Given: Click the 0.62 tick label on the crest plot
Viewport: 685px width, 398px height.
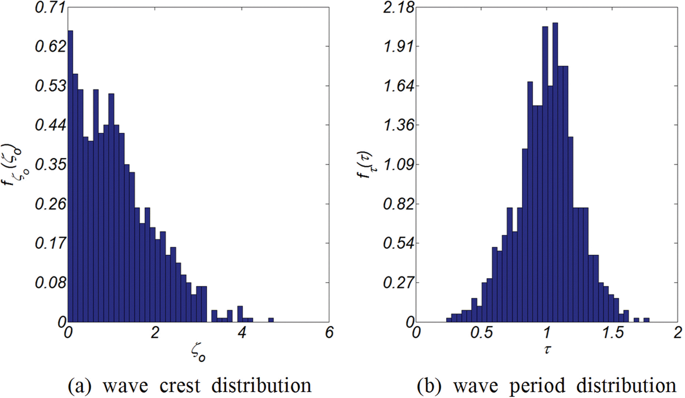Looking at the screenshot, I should click(50, 46).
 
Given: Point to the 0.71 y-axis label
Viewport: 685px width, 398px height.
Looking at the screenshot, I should click(50, 7).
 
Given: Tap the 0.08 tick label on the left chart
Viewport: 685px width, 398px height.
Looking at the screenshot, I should click(50, 283).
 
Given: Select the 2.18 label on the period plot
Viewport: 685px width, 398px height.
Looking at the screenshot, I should click(398, 7).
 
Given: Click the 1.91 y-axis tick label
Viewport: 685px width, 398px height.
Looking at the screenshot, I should click(398, 46).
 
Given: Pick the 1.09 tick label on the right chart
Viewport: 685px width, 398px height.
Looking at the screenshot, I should click(398, 165).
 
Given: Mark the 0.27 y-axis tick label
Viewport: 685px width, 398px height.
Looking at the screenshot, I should click(398, 283).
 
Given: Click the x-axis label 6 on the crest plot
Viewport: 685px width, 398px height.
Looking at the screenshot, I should click(329, 333).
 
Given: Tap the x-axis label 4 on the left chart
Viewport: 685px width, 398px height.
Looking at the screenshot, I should click(242, 333).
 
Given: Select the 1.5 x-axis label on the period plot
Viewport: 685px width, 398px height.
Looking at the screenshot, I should click(613, 333).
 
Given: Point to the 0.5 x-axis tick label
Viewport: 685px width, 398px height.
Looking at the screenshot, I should click(482, 333).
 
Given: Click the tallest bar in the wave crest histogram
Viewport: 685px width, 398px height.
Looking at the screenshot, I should click(70, 175).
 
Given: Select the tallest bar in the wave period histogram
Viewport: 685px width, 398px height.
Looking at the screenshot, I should click(555, 175).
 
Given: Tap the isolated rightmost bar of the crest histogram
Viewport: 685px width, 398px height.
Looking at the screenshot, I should click(271, 320).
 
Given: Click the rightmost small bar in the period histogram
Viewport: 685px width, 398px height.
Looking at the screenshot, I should click(646, 320).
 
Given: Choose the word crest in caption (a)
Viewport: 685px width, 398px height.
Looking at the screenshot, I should click(180, 386).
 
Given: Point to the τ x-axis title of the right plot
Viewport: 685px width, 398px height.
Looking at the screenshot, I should click(547, 349).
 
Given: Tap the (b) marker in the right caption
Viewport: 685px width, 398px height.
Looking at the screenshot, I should click(429, 386).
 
